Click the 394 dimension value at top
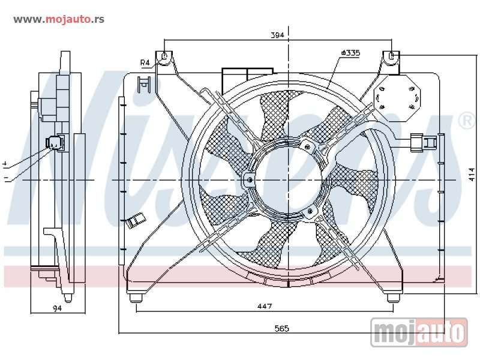click(276, 36)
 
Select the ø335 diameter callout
click(350, 53)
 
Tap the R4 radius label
click(145, 62)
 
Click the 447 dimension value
click(264, 307)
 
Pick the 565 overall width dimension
click(281, 328)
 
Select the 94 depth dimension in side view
click(57, 308)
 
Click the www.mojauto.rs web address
click(59, 19)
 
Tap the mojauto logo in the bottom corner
click(419, 331)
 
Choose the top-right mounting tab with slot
click(391, 58)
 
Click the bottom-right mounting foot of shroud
click(393, 297)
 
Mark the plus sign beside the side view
click(5, 163)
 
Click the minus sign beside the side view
click(5, 178)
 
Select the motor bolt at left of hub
click(250, 179)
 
